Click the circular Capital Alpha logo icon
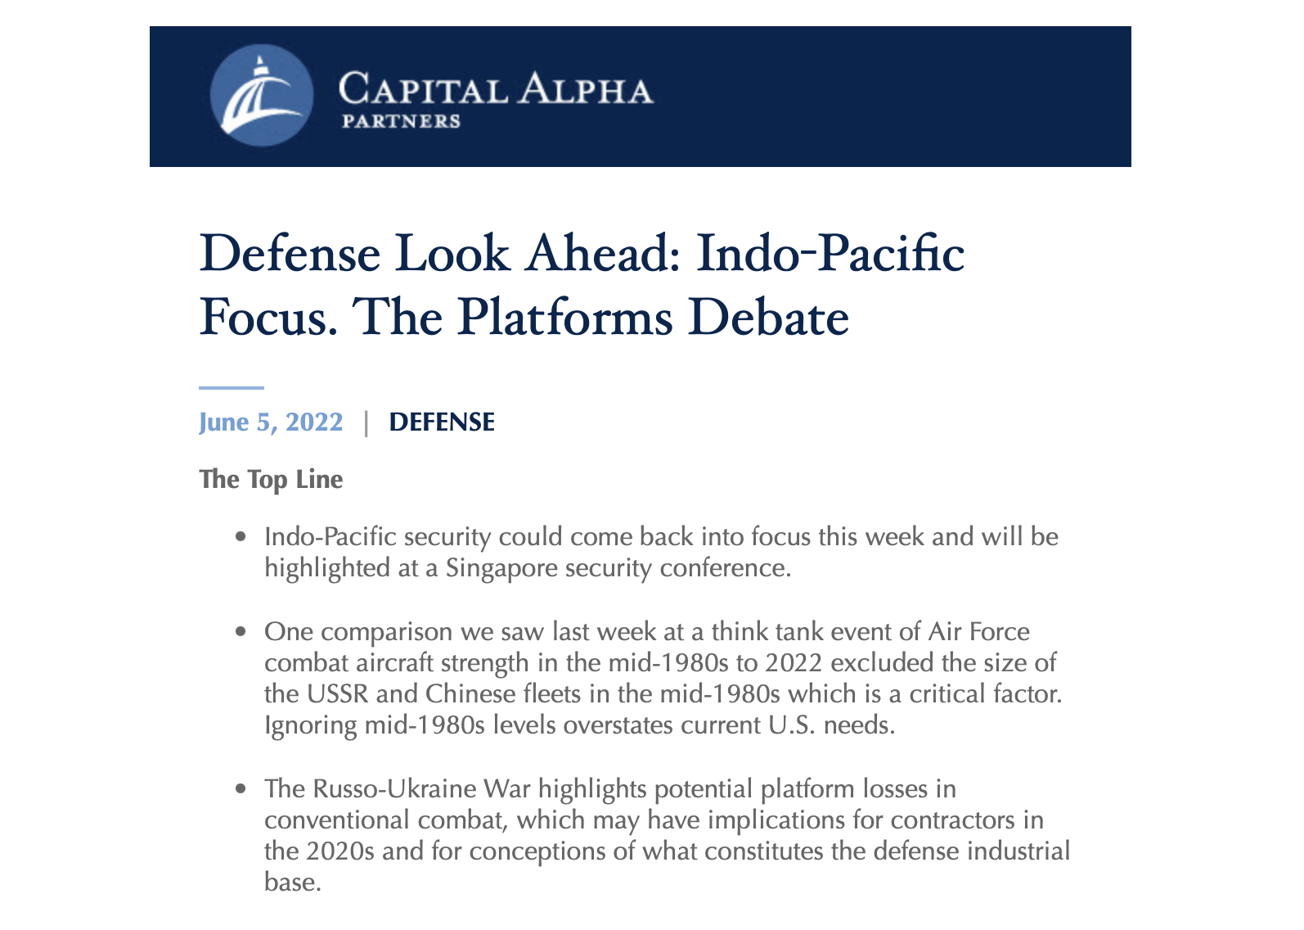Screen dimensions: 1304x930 pyautogui.click(x=262, y=96)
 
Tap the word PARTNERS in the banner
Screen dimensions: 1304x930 pyautogui.click(x=401, y=121)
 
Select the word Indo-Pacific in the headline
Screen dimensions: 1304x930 pyautogui.click(x=830, y=254)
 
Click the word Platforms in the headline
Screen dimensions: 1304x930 pyautogui.click(x=564, y=318)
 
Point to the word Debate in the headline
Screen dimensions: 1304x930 pyautogui.click(x=768, y=318)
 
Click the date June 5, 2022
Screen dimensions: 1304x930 pyautogui.click(x=271, y=422)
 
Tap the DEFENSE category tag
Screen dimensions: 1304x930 pyautogui.click(x=442, y=422)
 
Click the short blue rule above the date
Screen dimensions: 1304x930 pyautogui.click(x=232, y=387)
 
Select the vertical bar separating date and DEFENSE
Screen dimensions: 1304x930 pyautogui.click(x=366, y=423)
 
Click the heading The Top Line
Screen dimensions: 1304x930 pyautogui.click(x=271, y=480)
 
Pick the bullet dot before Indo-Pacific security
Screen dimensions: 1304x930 pyautogui.click(x=241, y=537)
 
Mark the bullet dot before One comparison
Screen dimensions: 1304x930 pyautogui.click(x=241, y=632)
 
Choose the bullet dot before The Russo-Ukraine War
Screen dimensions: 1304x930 pyautogui.click(x=241, y=789)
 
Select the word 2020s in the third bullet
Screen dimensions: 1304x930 pyautogui.click(x=340, y=851)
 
